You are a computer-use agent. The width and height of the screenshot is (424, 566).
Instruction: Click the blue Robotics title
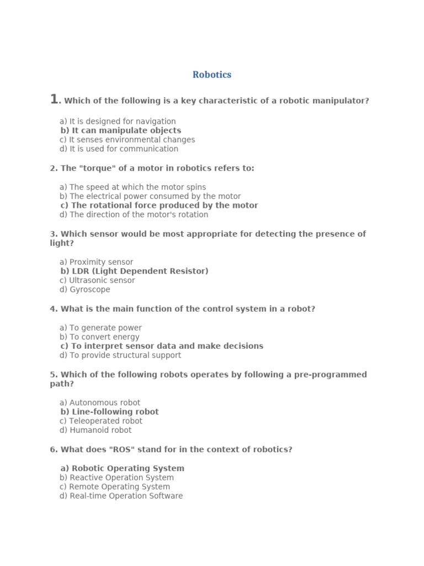pyautogui.click(x=212, y=75)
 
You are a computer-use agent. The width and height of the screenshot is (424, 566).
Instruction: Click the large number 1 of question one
pyautogui.click(x=54, y=99)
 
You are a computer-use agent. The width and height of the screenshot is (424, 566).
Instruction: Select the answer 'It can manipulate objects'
pyautogui.click(x=121, y=130)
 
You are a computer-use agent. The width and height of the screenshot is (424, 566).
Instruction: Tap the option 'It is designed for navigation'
pyautogui.click(x=118, y=121)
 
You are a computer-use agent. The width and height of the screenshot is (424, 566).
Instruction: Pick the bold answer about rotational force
pyautogui.click(x=159, y=205)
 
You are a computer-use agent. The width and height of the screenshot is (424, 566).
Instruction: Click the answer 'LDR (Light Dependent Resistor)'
pyautogui.click(x=134, y=271)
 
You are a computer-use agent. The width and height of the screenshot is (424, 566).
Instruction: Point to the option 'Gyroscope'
pyautogui.click(x=85, y=289)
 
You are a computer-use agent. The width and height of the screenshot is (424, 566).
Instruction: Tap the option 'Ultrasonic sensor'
pyautogui.click(x=97, y=280)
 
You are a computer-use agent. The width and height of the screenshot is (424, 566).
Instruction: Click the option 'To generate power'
pyautogui.click(x=100, y=328)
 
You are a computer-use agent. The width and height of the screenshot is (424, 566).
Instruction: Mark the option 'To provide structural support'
pyautogui.click(x=120, y=355)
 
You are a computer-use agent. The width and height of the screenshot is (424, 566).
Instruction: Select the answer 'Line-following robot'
pyautogui.click(x=109, y=412)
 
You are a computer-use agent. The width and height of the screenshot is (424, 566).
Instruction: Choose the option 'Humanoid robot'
pyautogui.click(x=96, y=430)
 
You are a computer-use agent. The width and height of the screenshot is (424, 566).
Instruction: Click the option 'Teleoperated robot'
pyautogui.click(x=101, y=421)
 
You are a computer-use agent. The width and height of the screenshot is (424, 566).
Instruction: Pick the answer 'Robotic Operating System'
pyautogui.click(x=122, y=468)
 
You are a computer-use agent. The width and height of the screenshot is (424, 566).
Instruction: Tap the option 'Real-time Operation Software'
pyautogui.click(x=121, y=496)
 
